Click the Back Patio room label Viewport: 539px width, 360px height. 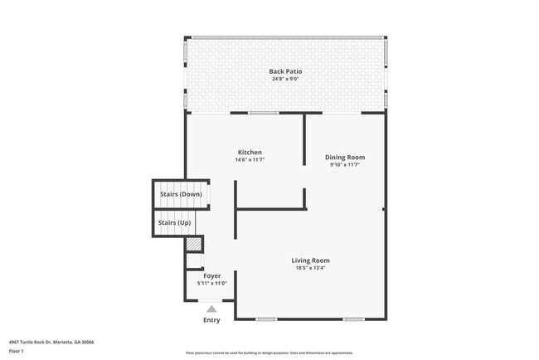tap(285, 71)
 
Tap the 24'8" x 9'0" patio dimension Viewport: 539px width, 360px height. tap(285, 80)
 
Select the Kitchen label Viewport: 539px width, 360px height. tap(250, 153)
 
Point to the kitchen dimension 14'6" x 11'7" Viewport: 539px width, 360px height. tap(250, 160)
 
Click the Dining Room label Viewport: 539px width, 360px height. tap(345, 157)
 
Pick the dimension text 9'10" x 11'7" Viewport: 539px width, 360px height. tap(345, 165)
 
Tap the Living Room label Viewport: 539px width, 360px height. tap(311, 260)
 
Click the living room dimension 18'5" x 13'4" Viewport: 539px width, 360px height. tap(311, 268)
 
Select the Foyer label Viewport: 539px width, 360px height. tap(211, 275)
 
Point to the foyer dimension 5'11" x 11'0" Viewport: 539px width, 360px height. tap(211, 284)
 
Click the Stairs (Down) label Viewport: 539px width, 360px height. tap(181, 194)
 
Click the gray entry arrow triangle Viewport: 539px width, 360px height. tap(211, 309)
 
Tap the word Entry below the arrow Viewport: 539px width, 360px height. tap(211, 320)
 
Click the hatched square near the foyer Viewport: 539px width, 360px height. tap(193, 245)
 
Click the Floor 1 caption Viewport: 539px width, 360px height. tap(17, 351)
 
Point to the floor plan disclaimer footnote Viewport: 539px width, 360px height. tap(269, 353)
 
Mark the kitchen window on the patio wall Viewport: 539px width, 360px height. tap(263, 113)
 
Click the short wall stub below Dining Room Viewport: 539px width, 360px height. tap(305, 197)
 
